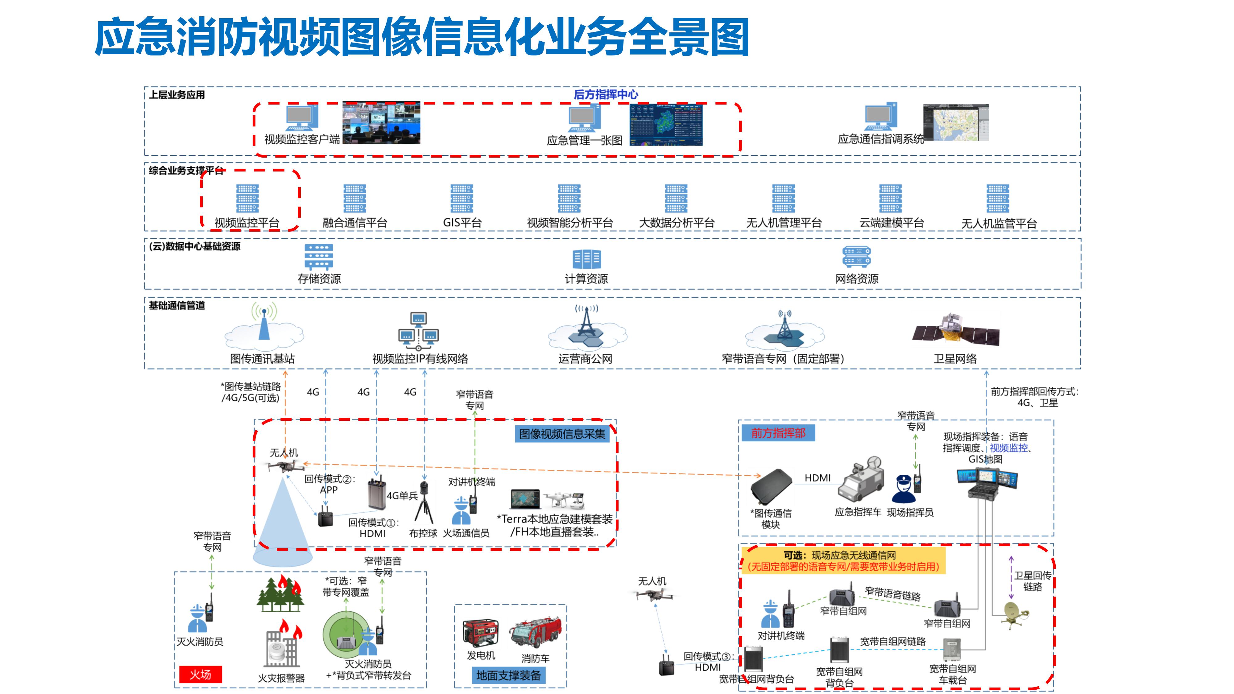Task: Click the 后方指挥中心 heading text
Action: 606,94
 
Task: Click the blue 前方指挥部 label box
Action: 778,433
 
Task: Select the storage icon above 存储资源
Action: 319,257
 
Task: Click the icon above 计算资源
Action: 586,259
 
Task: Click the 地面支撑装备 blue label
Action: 508,675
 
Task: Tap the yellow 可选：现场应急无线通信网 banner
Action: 843,561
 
